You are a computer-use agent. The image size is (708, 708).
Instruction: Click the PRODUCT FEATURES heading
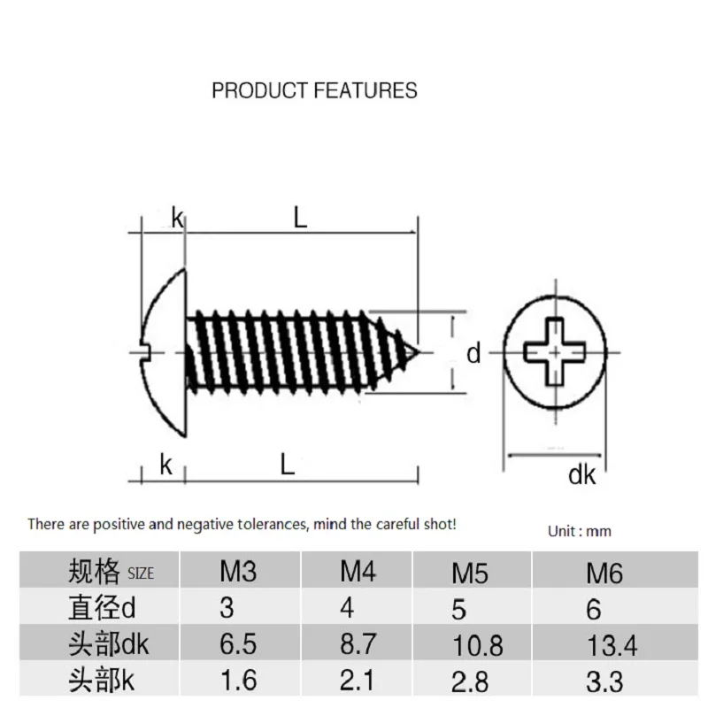point(314,90)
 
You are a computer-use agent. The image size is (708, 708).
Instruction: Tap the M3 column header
point(238,571)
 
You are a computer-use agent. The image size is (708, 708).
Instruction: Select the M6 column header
point(604,573)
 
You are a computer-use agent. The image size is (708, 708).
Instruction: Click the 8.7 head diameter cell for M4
point(358,643)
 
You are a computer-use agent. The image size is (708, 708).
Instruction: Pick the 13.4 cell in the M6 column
point(612,645)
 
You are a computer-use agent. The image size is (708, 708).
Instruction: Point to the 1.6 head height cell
point(239,680)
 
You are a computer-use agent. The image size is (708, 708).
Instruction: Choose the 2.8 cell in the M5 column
point(470,681)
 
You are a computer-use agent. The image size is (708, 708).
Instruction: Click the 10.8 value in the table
point(478,645)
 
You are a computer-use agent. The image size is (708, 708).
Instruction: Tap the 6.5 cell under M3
point(238,643)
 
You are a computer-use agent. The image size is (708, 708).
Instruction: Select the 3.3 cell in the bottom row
point(604,681)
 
